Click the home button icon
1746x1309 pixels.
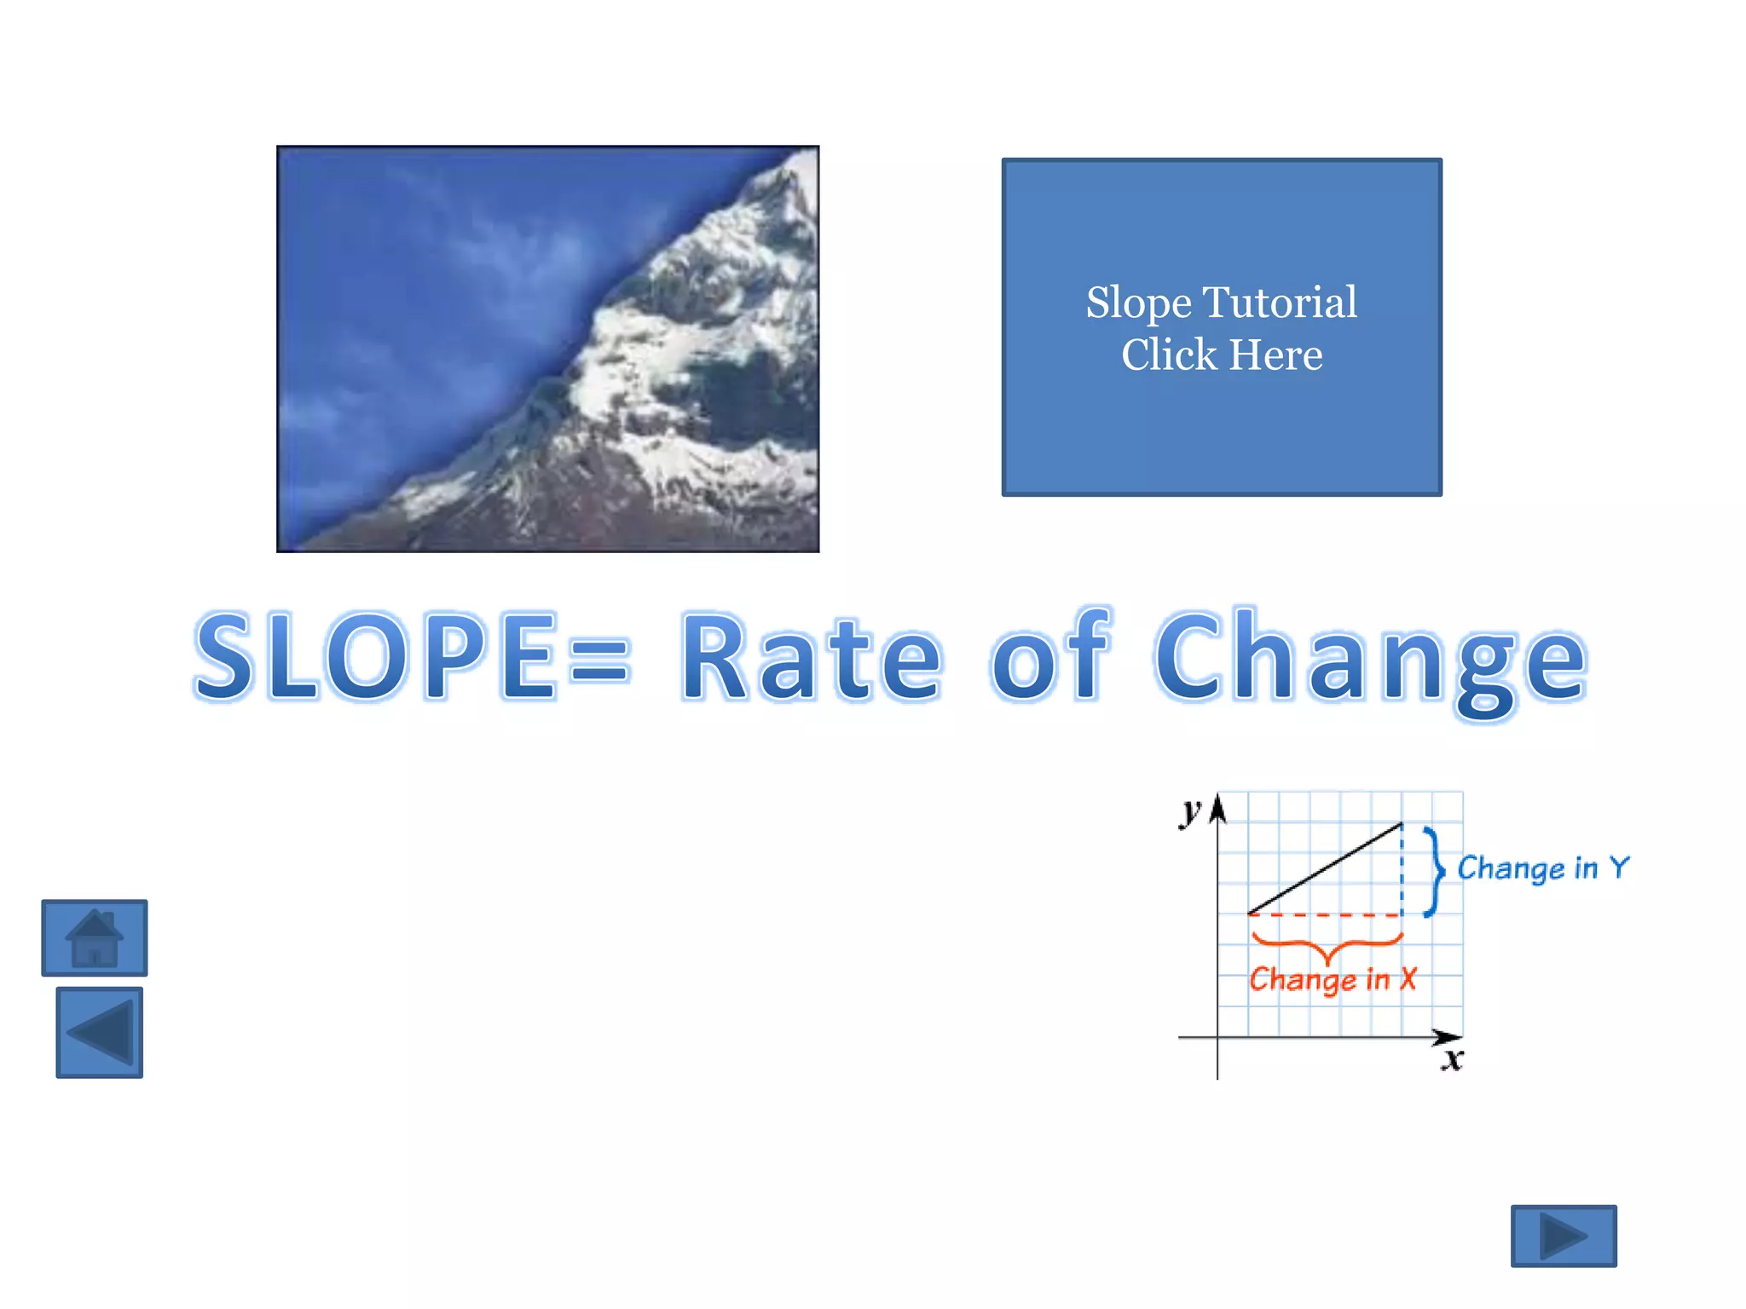pos(95,937)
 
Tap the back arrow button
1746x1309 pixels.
pos(100,1033)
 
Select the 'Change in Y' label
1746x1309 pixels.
pos(1543,868)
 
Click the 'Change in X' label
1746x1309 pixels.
pos(1333,979)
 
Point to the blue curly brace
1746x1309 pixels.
pos(1436,871)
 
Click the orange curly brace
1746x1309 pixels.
pos(1327,946)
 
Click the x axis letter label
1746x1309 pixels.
pos(1453,1060)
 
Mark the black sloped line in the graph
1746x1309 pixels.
pos(1324,869)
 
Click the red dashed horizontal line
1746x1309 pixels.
pos(1324,915)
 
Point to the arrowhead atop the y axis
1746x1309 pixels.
pos(1218,807)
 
